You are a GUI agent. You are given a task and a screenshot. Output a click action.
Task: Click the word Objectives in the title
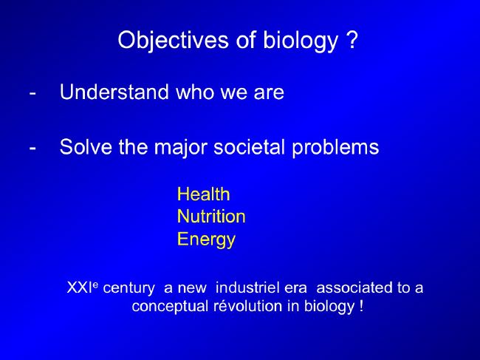pyautogui.click(x=174, y=40)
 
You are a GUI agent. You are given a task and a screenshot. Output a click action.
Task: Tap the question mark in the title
pyautogui.click(x=352, y=39)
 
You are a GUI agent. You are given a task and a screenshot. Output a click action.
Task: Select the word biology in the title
pyautogui.click(x=301, y=40)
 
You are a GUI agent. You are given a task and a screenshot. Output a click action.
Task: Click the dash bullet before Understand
pyautogui.click(x=32, y=93)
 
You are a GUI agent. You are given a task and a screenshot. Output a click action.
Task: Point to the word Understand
pyautogui.click(x=114, y=92)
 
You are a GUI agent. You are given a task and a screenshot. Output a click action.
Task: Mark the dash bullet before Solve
pyautogui.click(x=32, y=148)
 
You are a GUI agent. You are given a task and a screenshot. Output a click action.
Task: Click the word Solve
pyautogui.click(x=86, y=147)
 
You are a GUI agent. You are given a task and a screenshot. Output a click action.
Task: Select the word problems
pyautogui.click(x=335, y=149)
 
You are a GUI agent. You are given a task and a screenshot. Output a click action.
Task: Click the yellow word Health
pyautogui.click(x=204, y=194)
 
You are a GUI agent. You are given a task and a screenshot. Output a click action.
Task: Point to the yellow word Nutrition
pyautogui.click(x=211, y=217)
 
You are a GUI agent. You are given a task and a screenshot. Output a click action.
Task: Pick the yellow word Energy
pyautogui.click(x=206, y=240)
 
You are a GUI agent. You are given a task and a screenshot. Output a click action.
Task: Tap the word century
pyautogui.click(x=129, y=288)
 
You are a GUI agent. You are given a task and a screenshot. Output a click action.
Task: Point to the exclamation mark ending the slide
pyautogui.click(x=362, y=305)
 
